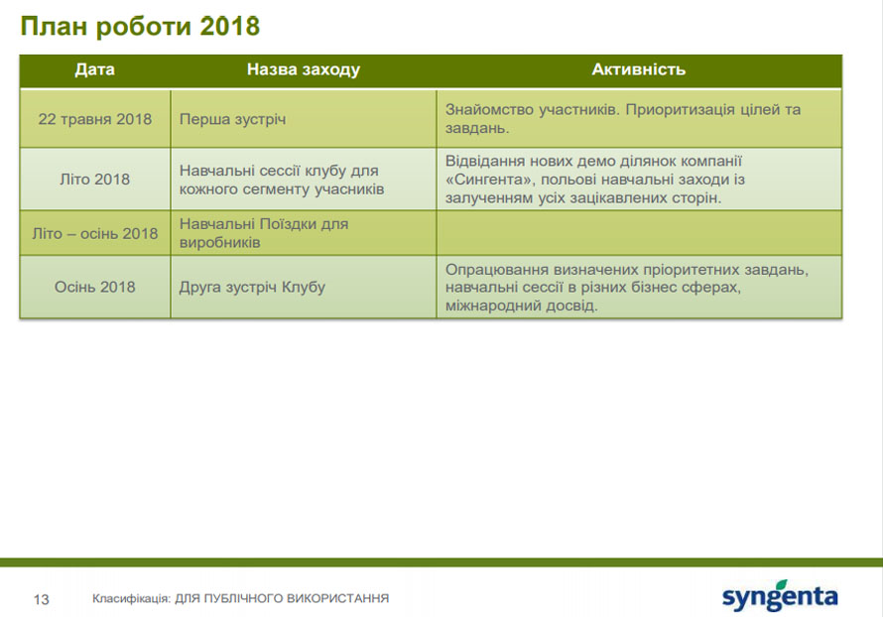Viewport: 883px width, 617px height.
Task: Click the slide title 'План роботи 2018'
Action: pos(140,27)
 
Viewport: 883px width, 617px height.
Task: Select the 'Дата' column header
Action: pos(94,69)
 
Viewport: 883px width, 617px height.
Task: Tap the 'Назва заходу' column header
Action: pos(303,69)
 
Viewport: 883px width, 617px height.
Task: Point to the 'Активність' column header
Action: pos(639,69)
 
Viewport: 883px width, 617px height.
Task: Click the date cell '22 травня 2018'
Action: pos(94,119)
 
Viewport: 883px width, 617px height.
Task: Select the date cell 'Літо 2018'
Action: pos(94,179)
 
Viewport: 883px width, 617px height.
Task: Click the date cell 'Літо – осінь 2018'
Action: pos(94,233)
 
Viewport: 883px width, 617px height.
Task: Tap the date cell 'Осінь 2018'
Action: pos(94,287)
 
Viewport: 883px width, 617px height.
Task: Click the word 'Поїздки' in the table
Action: pos(288,224)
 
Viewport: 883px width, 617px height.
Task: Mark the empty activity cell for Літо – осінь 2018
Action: pos(639,233)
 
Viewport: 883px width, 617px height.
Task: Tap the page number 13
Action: pos(41,599)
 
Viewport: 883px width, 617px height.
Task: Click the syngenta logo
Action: pos(780,595)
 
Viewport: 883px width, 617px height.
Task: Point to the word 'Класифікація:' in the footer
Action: pos(131,598)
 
